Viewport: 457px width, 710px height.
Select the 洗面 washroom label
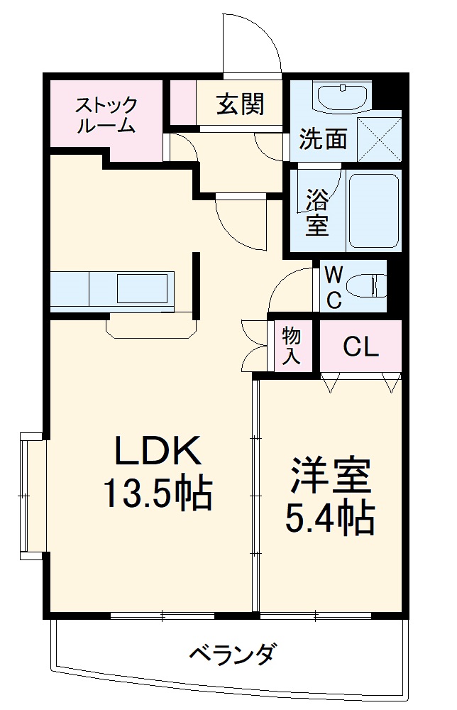tap(323, 139)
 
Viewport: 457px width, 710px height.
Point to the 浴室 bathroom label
tap(316, 212)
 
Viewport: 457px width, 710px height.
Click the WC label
tap(334, 287)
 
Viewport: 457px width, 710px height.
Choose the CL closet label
tap(360, 347)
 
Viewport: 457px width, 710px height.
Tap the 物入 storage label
tap(290, 345)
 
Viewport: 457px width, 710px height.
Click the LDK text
tap(159, 450)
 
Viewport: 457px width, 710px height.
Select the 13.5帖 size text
tap(158, 493)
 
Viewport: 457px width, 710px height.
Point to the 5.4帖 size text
tap(330, 519)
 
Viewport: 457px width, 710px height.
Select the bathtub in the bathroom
tap(373, 209)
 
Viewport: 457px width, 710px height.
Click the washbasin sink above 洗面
tap(342, 97)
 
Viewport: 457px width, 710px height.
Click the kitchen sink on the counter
tap(143, 290)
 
